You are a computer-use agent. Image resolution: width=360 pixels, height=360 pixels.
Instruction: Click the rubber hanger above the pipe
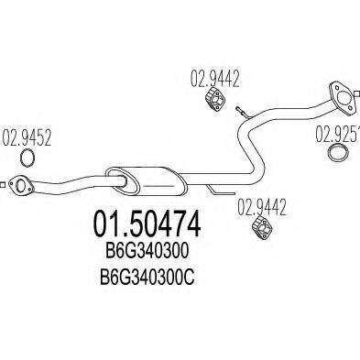tap(216, 100)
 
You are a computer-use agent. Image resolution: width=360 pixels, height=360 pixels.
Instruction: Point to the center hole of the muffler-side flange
tap(18, 187)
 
